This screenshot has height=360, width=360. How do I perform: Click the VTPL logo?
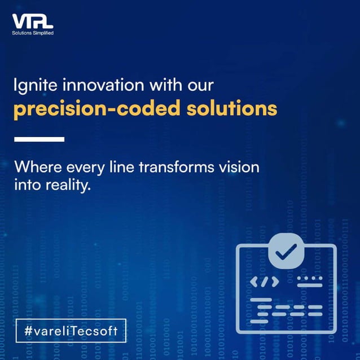pyautogui.click(x=32, y=22)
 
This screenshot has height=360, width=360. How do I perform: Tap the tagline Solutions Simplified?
pyautogui.click(x=32, y=33)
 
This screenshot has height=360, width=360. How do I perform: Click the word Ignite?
pyautogui.click(x=33, y=86)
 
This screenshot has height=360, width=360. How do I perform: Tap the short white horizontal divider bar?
pyautogui.click(x=39, y=139)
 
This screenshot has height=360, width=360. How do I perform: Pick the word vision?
pyautogui.click(x=240, y=168)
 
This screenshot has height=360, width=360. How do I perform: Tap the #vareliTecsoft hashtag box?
pyautogui.click(x=71, y=331)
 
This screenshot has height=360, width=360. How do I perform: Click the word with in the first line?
pyautogui.click(x=162, y=85)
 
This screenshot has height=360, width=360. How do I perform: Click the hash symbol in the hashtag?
pyautogui.click(x=29, y=331)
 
